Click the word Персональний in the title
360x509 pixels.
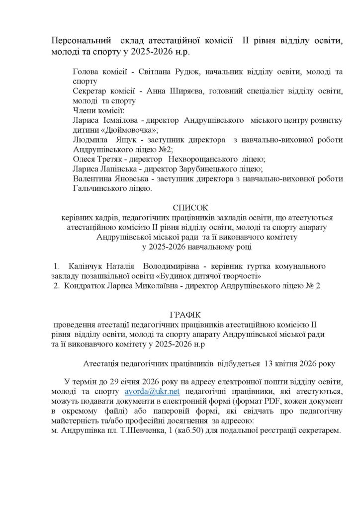click(x=82, y=41)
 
